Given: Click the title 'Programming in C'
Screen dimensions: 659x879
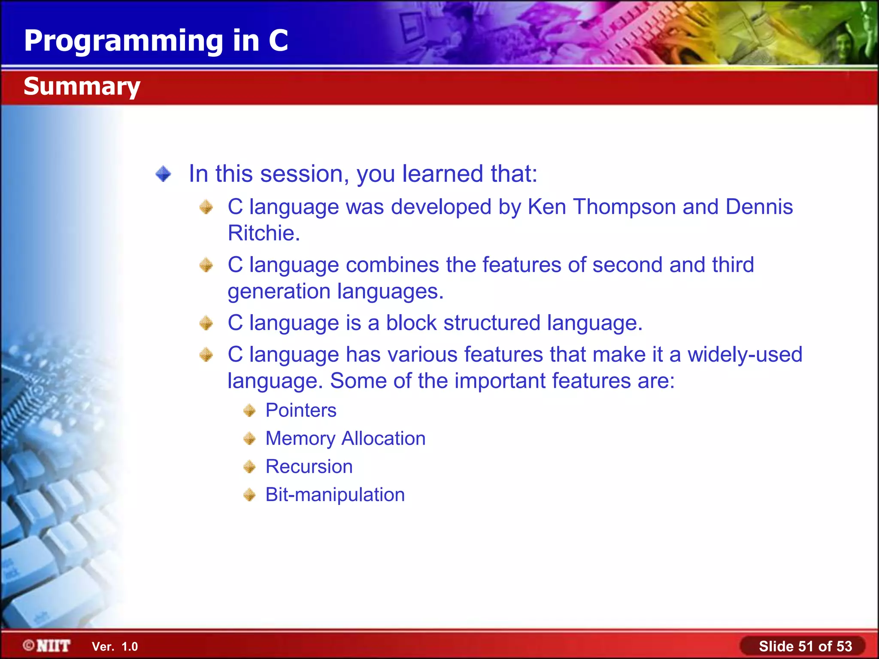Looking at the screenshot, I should pyautogui.click(x=156, y=41).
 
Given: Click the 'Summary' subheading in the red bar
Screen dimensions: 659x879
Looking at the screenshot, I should pyautogui.click(x=82, y=86).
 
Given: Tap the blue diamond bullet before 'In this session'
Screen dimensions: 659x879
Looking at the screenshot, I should pyautogui.click(x=164, y=174).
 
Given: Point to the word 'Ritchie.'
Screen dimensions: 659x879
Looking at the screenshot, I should pyautogui.click(x=264, y=233).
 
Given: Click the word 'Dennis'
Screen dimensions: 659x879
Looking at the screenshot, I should pyautogui.click(x=759, y=207).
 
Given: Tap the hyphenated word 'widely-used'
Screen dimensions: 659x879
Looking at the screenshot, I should pyautogui.click(x=745, y=355).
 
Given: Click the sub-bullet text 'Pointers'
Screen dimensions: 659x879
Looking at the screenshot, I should pyautogui.click(x=301, y=411).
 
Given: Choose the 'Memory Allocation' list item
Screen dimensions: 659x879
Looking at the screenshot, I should pyautogui.click(x=346, y=438).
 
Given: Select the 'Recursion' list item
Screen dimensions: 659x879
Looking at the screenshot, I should pyautogui.click(x=309, y=467).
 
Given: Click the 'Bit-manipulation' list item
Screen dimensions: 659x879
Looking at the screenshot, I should pyautogui.click(x=335, y=495).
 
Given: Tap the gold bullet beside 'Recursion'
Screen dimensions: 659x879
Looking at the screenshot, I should pyautogui.click(x=249, y=467).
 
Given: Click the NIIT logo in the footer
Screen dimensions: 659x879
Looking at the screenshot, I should pyautogui.click(x=47, y=646).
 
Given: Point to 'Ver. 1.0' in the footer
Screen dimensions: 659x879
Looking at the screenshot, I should pyautogui.click(x=115, y=647).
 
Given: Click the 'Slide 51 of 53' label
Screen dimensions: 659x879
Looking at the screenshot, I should pyautogui.click(x=805, y=646).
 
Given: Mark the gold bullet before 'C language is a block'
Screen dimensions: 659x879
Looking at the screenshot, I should pyautogui.click(x=206, y=323).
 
